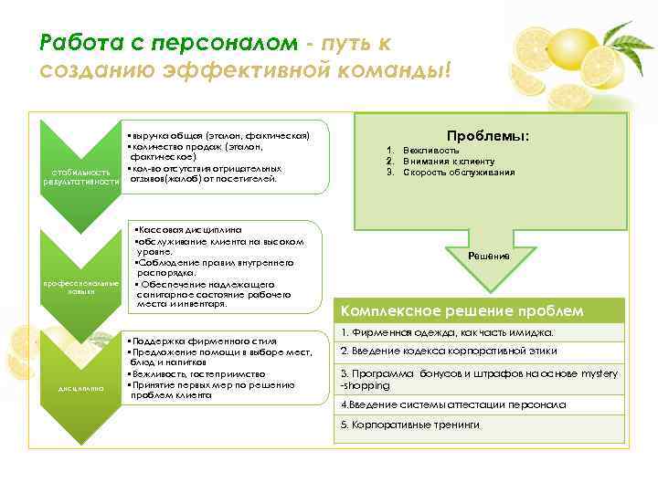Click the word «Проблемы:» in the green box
(488, 136)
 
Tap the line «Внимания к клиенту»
(447, 162)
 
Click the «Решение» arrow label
(489, 257)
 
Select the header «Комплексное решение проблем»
(462, 311)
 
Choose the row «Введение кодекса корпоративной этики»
(448, 352)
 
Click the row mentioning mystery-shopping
(479, 379)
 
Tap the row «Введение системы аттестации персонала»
(453, 404)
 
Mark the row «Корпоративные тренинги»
(409, 425)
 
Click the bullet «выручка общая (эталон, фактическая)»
(216, 135)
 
